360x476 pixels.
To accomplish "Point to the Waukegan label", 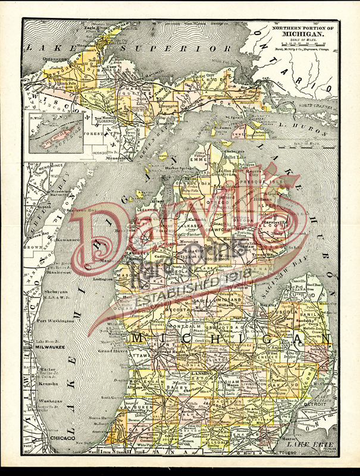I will click(x=51, y=402).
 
